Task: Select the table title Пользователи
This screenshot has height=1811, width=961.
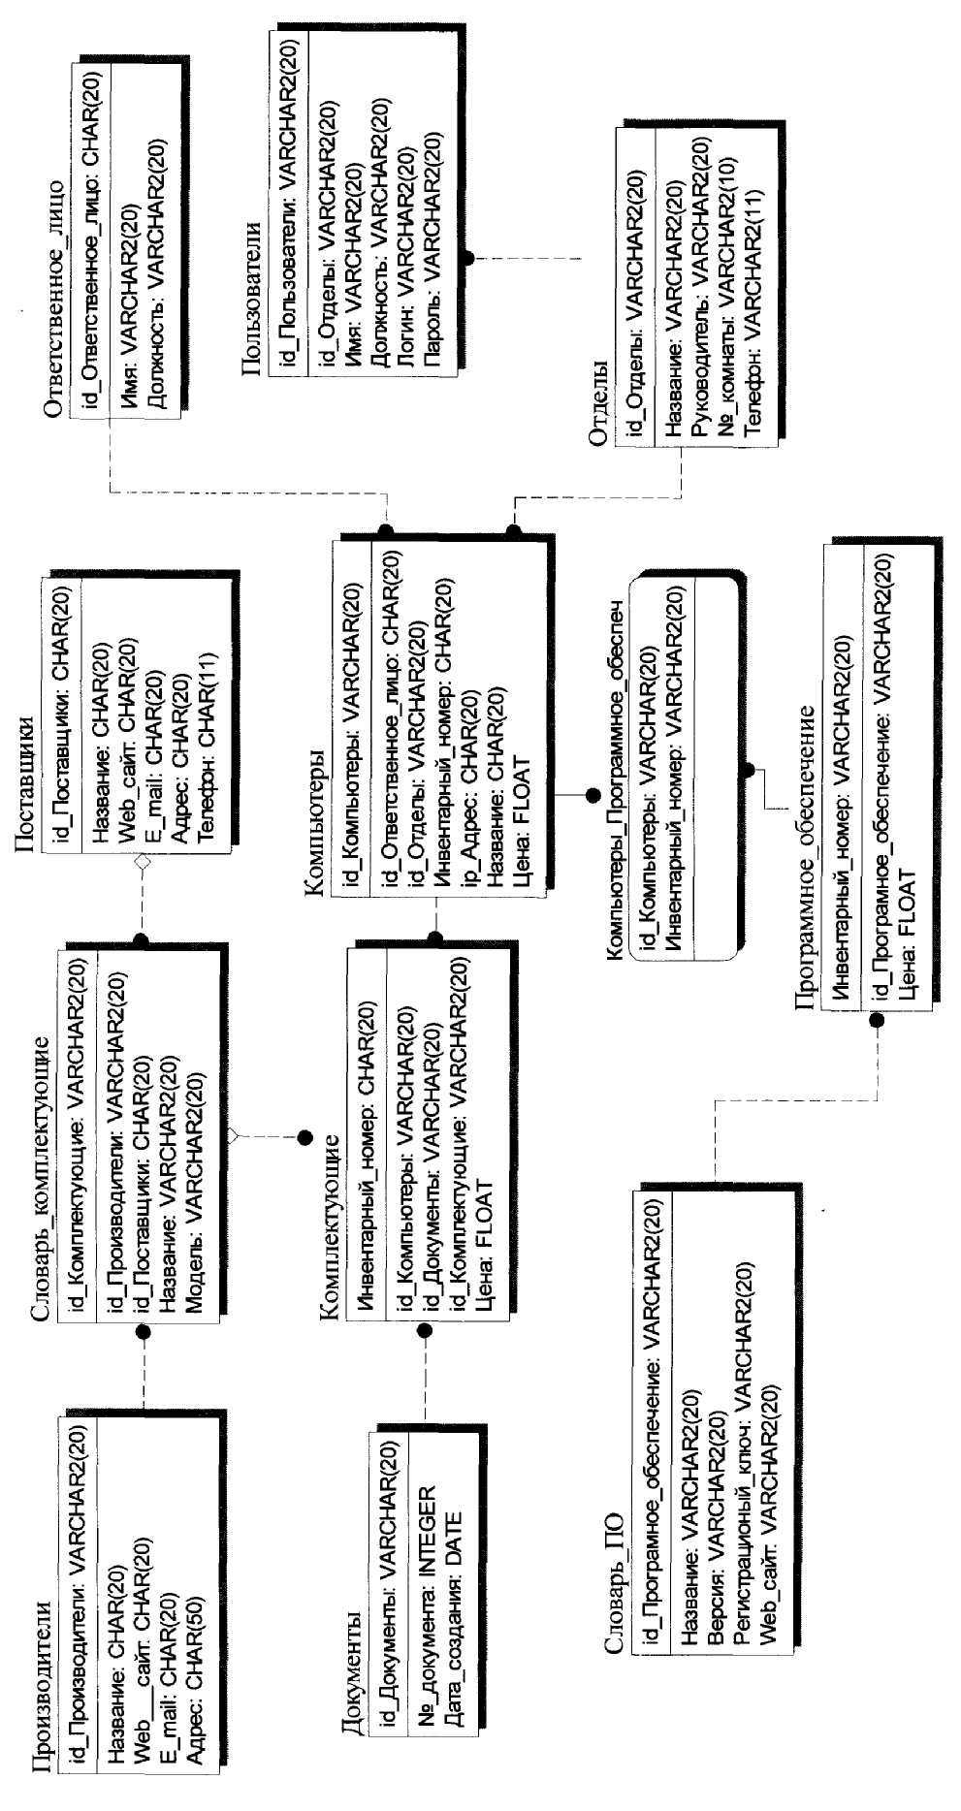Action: [x=250, y=297]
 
